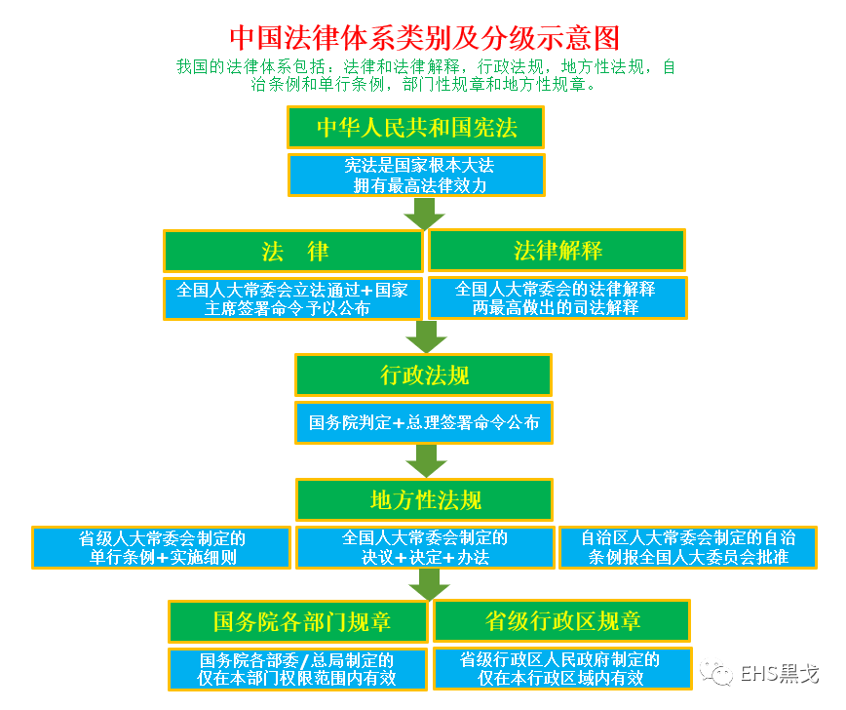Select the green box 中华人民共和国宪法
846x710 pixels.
coord(415,128)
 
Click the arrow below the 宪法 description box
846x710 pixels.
coord(423,213)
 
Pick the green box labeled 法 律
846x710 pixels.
coord(293,251)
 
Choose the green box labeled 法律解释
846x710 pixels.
coord(558,251)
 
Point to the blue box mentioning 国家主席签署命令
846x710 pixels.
coord(293,298)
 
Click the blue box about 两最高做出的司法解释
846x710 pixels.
coord(558,298)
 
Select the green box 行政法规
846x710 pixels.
coord(423,375)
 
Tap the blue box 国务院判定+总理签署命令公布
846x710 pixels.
coord(423,423)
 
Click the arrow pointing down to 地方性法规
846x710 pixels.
coord(423,460)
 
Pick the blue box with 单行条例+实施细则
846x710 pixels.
coord(162,547)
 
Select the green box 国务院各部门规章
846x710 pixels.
coord(298,621)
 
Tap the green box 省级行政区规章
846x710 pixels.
coord(561,621)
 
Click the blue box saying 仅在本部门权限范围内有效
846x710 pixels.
coord(298,669)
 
